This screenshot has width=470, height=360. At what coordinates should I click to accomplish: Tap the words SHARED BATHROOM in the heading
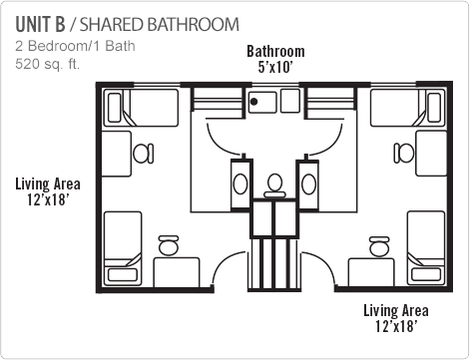coord(157,23)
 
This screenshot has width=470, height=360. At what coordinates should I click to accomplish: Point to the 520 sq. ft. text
coord(47,64)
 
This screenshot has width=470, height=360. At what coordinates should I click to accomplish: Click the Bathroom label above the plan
coord(275,52)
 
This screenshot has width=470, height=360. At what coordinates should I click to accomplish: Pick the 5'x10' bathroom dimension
coord(275,68)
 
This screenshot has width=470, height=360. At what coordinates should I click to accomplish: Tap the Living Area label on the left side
coord(48,183)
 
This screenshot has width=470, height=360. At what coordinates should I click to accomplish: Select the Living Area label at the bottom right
coord(395,310)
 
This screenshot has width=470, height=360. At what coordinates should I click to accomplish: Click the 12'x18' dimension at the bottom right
coord(395,326)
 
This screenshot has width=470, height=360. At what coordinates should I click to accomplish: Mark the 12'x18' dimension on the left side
coord(48,199)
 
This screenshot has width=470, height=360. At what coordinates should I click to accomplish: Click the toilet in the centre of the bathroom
coord(274,184)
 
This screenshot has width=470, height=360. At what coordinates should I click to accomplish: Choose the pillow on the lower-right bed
coord(431,266)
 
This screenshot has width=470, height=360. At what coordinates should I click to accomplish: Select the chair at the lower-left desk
coord(168,244)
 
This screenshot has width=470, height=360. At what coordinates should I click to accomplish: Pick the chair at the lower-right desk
coord(379,244)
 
